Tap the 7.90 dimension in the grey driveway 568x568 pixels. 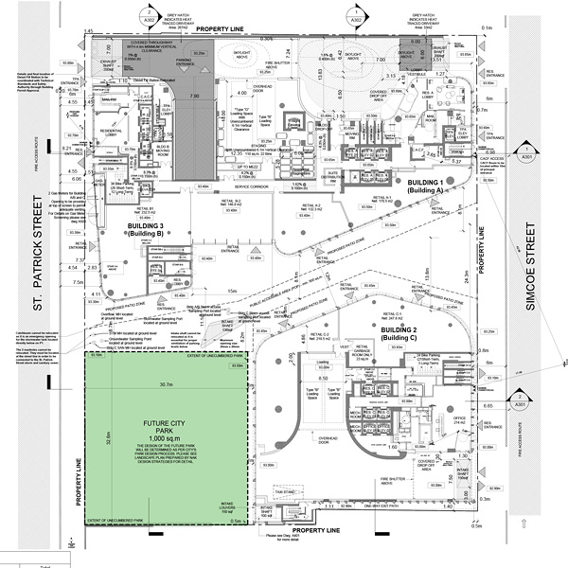(x=194, y=97)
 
